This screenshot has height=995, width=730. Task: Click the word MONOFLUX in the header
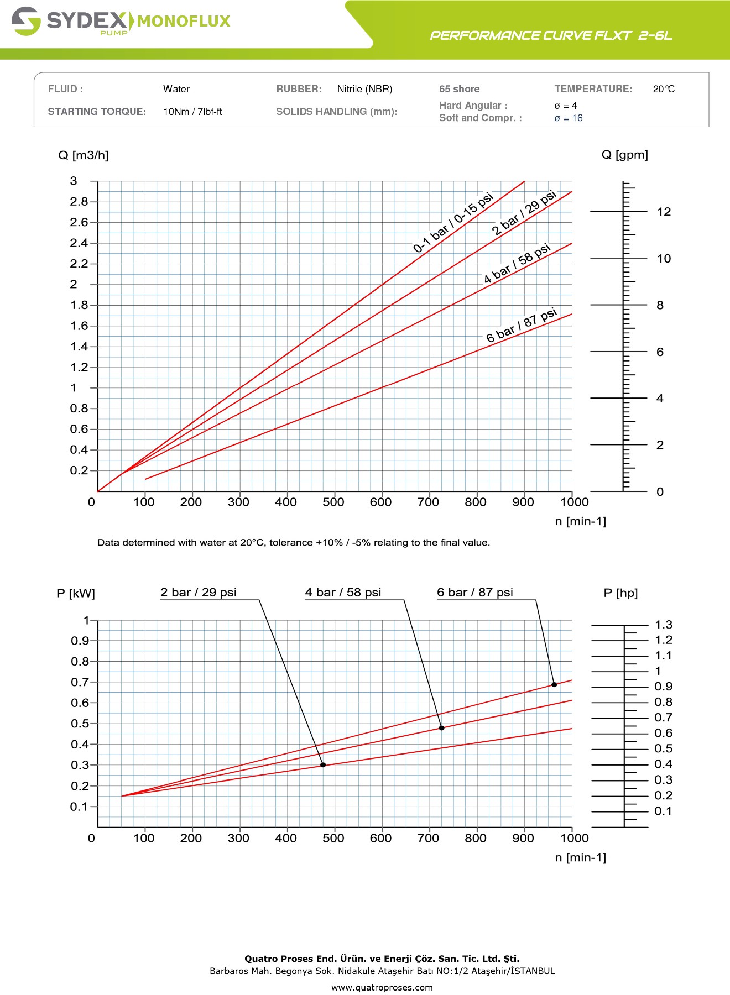tap(184, 22)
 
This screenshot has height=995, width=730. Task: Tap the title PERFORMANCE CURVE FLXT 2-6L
tap(551, 36)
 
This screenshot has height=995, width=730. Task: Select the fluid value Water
tap(176, 89)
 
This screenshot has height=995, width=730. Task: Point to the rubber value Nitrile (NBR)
tap(364, 89)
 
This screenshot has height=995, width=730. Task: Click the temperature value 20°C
tap(664, 89)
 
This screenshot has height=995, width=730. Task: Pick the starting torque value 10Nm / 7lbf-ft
tap(192, 112)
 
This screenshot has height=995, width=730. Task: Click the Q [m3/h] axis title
tap(83, 155)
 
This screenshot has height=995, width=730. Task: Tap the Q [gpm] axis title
tap(624, 155)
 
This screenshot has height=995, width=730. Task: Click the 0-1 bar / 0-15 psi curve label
tap(453, 222)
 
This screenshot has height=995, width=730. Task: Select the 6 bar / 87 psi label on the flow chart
tap(521, 325)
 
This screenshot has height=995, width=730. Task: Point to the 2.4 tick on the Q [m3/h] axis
tap(79, 243)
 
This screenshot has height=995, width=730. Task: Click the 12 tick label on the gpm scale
tap(664, 212)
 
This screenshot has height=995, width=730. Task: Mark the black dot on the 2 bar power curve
tap(323, 765)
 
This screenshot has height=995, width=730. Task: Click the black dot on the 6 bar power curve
tap(554, 684)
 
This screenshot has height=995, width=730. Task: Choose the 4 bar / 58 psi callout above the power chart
tap(343, 593)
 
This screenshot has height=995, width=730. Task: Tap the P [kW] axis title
tap(76, 594)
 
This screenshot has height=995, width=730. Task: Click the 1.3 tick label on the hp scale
tap(664, 625)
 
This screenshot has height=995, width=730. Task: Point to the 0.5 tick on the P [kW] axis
tap(80, 724)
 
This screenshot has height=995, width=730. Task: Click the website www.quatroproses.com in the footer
tap(382, 987)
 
